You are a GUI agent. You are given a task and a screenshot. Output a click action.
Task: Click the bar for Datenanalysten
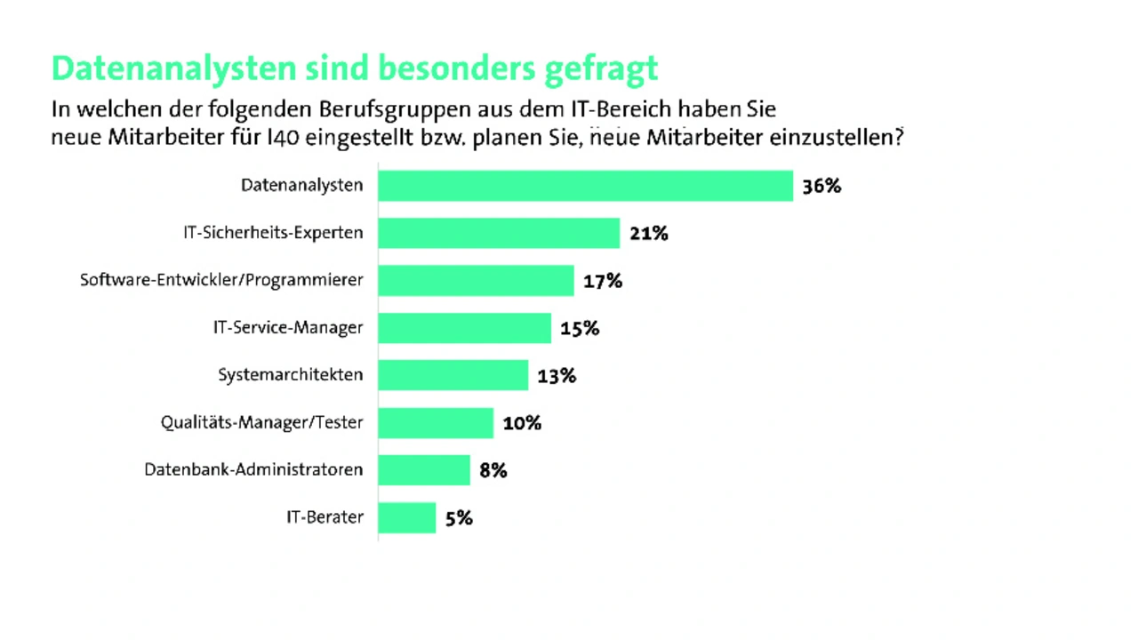point(585,186)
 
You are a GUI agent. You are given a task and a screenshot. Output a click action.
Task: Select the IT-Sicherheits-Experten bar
point(499,233)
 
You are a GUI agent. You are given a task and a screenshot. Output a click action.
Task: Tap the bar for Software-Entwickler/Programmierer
point(476,280)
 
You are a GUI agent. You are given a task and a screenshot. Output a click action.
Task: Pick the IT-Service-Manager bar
point(464,327)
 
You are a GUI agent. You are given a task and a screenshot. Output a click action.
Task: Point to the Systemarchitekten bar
point(453,375)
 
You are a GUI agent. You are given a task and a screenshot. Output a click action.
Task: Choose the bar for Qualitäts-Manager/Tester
point(436,422)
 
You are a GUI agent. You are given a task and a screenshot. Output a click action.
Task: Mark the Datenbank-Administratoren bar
point(424,469)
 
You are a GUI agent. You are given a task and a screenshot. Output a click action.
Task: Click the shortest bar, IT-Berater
point(407,517)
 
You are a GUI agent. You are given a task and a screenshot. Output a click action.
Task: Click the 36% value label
point(821,187)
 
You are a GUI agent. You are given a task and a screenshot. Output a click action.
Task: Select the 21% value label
point(648,234)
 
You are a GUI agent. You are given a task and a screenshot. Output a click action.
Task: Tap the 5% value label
point(459,518)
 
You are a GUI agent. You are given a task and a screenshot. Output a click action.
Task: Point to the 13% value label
point(557,376)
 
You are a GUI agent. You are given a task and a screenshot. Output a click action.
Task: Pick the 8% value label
point(493,470)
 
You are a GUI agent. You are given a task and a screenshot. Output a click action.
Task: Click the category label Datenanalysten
point(302,186)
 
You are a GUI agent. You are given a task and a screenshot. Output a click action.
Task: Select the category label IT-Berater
point(325,517)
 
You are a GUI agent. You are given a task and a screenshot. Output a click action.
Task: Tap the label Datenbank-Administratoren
point(253,469)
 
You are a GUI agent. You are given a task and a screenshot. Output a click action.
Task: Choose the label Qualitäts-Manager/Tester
point(261,422)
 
